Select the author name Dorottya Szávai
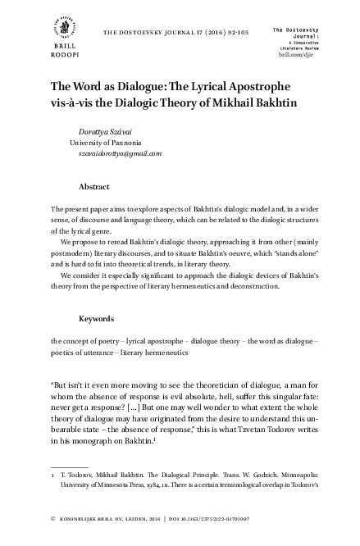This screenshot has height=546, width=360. (106, 133)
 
